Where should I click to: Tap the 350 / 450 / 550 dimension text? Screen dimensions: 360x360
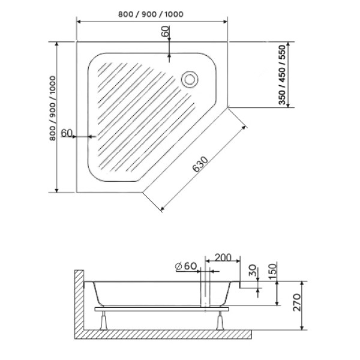pyautogui.click(x=282, y=75)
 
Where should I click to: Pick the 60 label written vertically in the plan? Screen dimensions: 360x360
pyautogui.click(x=166, y=33)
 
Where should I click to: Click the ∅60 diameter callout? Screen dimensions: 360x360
pyautogui.click(x=187, y=266)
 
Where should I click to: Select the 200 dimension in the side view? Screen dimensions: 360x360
pyautogui.click(x=223, y=258)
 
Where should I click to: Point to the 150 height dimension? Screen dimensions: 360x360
pyautogui.click(x=272, y=270)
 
